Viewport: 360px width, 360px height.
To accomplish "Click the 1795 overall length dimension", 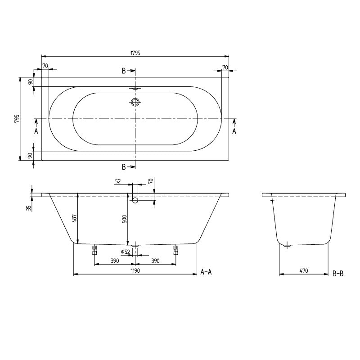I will tap(135, 53).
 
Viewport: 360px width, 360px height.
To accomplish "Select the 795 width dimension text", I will tap(17, 119).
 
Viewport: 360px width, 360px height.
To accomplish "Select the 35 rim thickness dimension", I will tap(28, 208).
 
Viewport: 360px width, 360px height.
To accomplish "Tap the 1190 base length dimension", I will tap(135, 270).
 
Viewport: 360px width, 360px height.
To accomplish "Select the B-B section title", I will tap(338, 273).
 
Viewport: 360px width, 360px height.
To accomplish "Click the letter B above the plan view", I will tap(124, 71).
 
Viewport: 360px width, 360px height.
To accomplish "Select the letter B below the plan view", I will tap(124, 167).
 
